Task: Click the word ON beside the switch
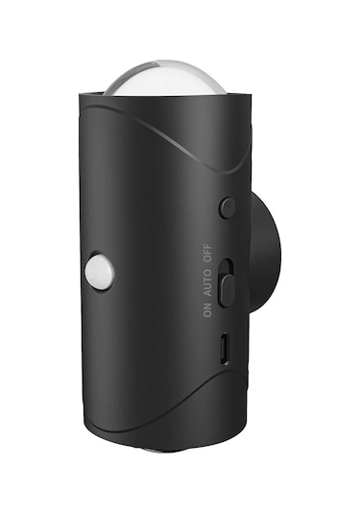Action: point(207,309)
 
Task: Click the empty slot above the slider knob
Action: point(228,268)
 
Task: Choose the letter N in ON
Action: point(207,306)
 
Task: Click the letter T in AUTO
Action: point(207,280)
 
